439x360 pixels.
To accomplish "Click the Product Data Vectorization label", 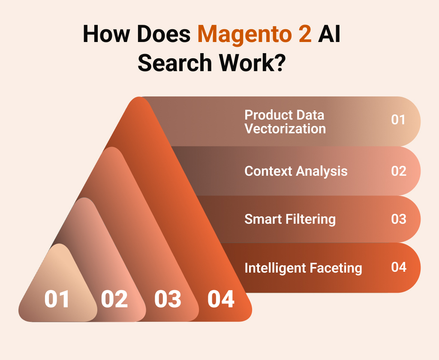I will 285,122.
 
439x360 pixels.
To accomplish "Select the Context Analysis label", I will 296,171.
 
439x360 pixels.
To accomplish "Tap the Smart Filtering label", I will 290,219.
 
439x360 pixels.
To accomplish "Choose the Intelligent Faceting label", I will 303,268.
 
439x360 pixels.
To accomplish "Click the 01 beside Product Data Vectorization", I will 398,120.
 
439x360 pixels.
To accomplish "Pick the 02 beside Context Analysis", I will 398,171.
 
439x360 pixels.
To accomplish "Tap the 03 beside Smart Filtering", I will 398,219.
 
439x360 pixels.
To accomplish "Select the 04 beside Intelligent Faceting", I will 398,267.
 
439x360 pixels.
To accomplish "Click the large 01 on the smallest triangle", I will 57,299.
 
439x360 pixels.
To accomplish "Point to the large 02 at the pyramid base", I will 114,299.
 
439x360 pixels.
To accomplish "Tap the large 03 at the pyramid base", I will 168,299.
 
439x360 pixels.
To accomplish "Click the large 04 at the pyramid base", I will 221,299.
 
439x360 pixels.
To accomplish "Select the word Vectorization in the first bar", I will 285,129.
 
